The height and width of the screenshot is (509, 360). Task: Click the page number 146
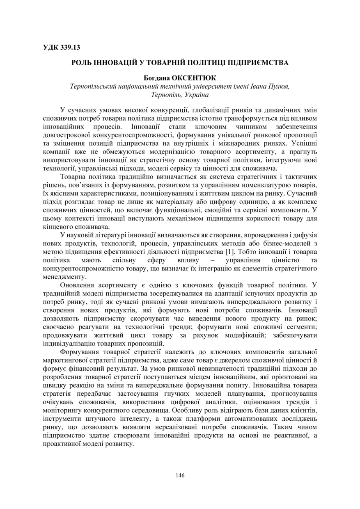pyautogui.click(x=180, y=475)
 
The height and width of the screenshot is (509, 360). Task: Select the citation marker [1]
pyautogui.click(x=231, y=251)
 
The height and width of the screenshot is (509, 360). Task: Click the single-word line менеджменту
pyautogui.click(x=63, y=276)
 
